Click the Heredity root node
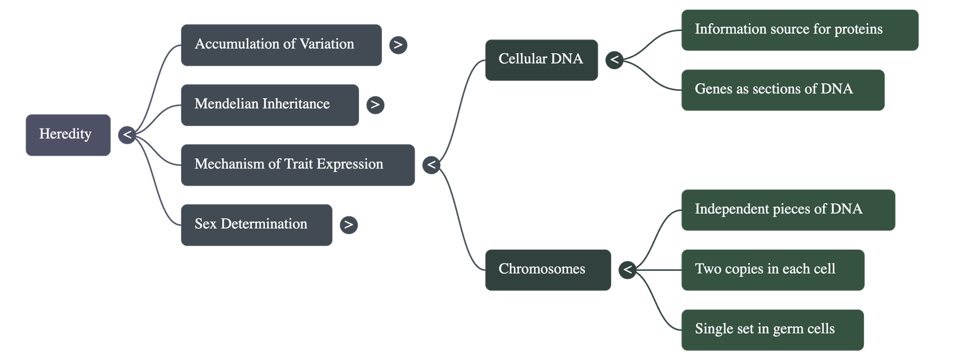[x=68, y=135]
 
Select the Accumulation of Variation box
[x=281, y=45]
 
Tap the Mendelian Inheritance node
[x=270, y=105]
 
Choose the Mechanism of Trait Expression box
[x=298, y=165]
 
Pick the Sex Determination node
[x=257, y=225]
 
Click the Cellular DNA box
[x=541, y=60]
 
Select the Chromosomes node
[x=548, y=270]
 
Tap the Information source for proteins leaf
[x=800, y=30]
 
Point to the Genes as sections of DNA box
[x=783, y=90]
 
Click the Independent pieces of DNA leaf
[x=788, y=210]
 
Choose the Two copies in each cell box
[x=773, y=270]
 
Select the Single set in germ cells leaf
[x=772, y=330]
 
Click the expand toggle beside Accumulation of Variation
[x=398, y=45]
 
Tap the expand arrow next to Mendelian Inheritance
[x=375, y=105]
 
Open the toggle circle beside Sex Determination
[x=349, y=225]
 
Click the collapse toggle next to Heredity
[x=127, y=135]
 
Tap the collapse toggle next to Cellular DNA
[x=614, y=60]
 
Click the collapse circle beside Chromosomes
[x=627, y=270]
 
